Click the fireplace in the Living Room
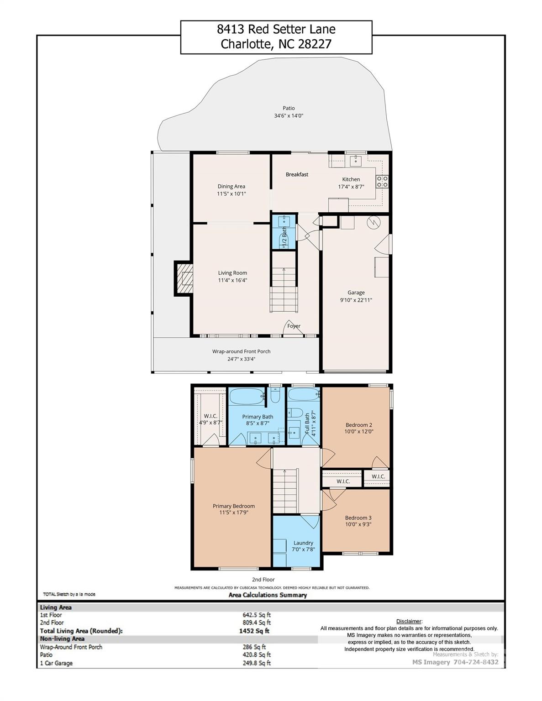click(184, 278)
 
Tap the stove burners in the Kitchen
click(382, 182)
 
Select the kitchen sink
click(355, 161)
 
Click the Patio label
click(289, 108)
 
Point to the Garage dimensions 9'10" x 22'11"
click(356, 300)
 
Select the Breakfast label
click(297, 174)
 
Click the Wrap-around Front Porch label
click(241, 351)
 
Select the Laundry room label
click(303, 543)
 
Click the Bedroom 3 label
click(358, 518)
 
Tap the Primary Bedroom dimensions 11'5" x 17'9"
click(234, 513)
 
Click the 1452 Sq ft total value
click(251, 631)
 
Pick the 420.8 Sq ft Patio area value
click(256, 655)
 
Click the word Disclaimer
click(409, 621)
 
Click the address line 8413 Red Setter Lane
click(276, 30)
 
